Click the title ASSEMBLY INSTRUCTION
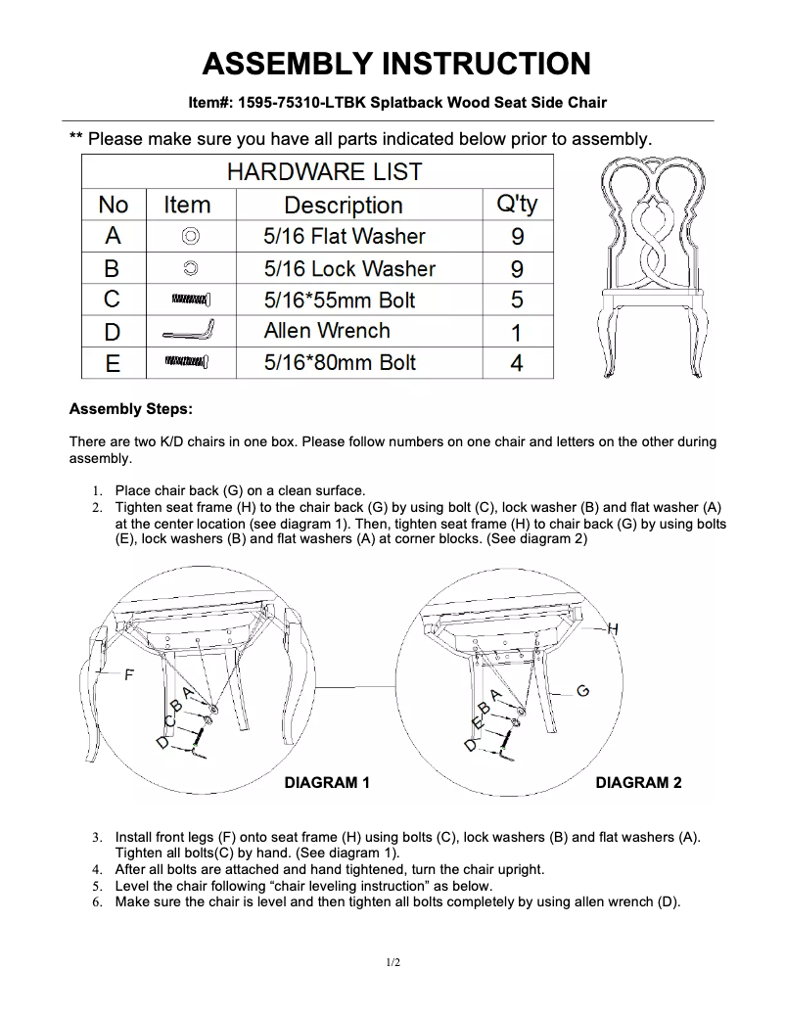[395, 64]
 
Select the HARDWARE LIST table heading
[323, 172]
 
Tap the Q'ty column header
[517, 205]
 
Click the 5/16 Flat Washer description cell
[345, 236]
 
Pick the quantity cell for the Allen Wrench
[517, 332]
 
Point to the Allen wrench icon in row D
[190, 331]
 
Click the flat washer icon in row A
[190, 236]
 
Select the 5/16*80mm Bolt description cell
[340, 363]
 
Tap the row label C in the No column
[113, 300]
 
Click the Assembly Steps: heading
[131, 408]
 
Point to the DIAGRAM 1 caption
[326, 783]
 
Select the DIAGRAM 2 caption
[638, 783]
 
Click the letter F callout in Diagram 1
[127, 675]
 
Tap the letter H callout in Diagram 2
[614, 628]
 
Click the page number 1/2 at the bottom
[392, 963]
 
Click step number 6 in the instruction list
[97, 902]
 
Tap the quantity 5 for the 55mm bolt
[517, 300]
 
